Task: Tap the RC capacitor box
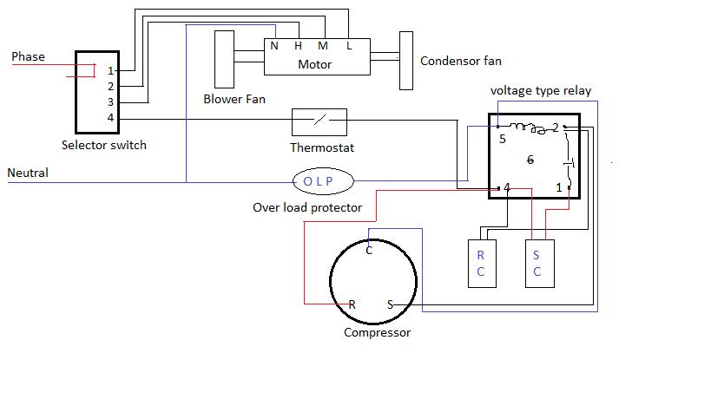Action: coord(482,264)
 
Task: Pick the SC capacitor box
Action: coord(540,264)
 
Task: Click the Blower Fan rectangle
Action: coord(224,59)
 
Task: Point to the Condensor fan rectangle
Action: coord(406,61)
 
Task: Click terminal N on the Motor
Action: coord(274,46)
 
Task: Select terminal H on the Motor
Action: coord(298,46)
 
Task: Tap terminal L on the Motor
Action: coord(349,46)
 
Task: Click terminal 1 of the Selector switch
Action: coord(110,70)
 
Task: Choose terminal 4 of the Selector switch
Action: coord(110,118)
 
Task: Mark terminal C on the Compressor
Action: coord(369,251)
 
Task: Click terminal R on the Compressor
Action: coord(352,304)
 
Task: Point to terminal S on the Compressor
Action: coord(390,304)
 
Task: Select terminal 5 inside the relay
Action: coord(503,139)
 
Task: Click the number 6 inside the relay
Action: coord(530,160)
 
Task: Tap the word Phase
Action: coord(28,56)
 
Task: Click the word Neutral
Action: coord(28,173)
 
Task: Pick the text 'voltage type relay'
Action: coord(541,90)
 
